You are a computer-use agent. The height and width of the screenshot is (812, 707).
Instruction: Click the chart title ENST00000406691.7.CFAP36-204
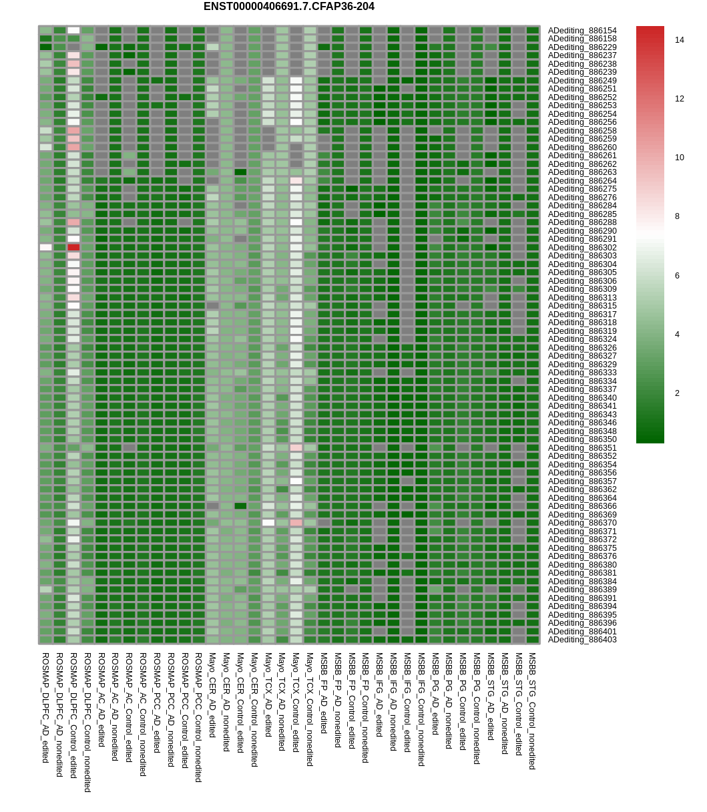(x=288, y=7)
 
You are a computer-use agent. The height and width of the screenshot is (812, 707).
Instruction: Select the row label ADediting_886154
(x=582, y=31)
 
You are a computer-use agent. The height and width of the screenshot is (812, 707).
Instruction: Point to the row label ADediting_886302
(x=582, y=248)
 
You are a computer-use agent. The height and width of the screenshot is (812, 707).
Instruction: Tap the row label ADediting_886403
(x=582, y=640)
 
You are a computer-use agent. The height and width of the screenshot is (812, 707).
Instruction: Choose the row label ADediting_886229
(x=582, y=47)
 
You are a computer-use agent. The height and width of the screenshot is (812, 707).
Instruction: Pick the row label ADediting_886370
(x=582, y=523)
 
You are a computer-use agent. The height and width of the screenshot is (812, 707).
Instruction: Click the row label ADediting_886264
(x=582, y=181)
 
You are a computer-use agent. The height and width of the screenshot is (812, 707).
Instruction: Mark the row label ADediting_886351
(x=582, y=448)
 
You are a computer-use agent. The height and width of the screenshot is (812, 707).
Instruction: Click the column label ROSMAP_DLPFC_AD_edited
(x=45, y=707)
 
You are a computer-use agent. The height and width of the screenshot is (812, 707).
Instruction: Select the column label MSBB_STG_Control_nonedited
(x=532, y=711)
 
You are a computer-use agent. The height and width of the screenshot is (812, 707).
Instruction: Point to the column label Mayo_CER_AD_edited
(x=212, y=695)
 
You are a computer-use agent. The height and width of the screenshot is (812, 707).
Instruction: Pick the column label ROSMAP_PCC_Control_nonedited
(x=198, y=717)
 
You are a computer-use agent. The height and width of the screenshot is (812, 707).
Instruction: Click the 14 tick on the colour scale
(x=679, y=40)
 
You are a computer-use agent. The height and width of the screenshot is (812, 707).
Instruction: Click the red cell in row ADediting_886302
(x=73, y=248)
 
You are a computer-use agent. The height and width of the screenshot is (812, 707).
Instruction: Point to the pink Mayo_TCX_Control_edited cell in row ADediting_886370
(x=296, y=523)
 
